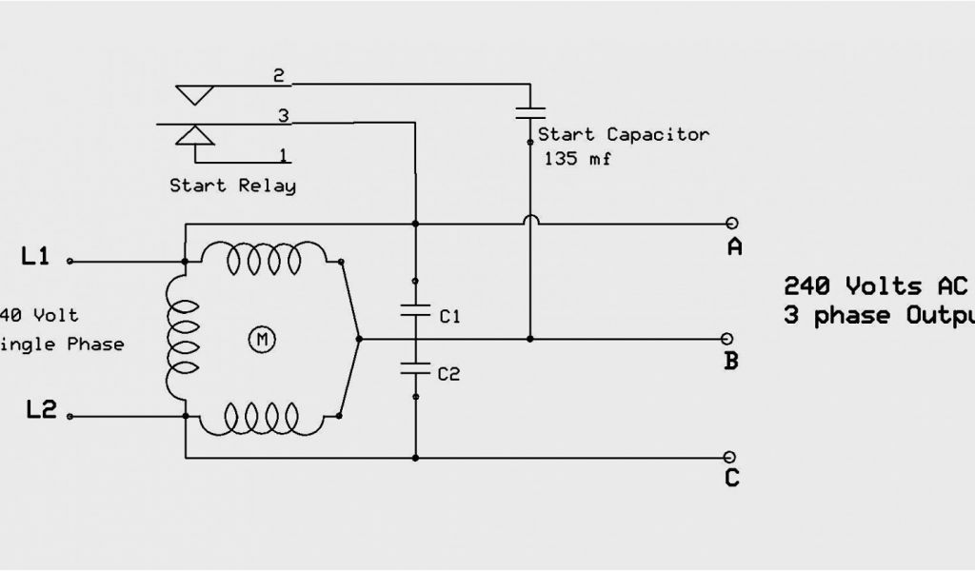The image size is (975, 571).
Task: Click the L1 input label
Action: [35, 256]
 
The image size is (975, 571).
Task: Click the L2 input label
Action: [41, 411]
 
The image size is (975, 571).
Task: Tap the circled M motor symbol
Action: [259, 338]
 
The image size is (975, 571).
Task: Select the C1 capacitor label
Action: [449, 317]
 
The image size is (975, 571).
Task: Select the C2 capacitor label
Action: [449, 374]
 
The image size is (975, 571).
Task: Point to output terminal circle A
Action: [731, 224]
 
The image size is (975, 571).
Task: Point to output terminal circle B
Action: [729, 338]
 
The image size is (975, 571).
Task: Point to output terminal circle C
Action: [730, 457]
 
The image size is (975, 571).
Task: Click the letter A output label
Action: [734, 248]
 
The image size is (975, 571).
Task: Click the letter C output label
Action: [731, 478]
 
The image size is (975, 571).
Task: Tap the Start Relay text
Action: [232, 186]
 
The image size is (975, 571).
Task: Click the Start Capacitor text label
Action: [624, 134]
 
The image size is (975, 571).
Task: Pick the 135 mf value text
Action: [578, 159]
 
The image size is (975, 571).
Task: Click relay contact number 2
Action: [279, 77]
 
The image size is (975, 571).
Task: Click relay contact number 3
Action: [283, 116]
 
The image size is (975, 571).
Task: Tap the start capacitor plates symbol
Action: [530, 112]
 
